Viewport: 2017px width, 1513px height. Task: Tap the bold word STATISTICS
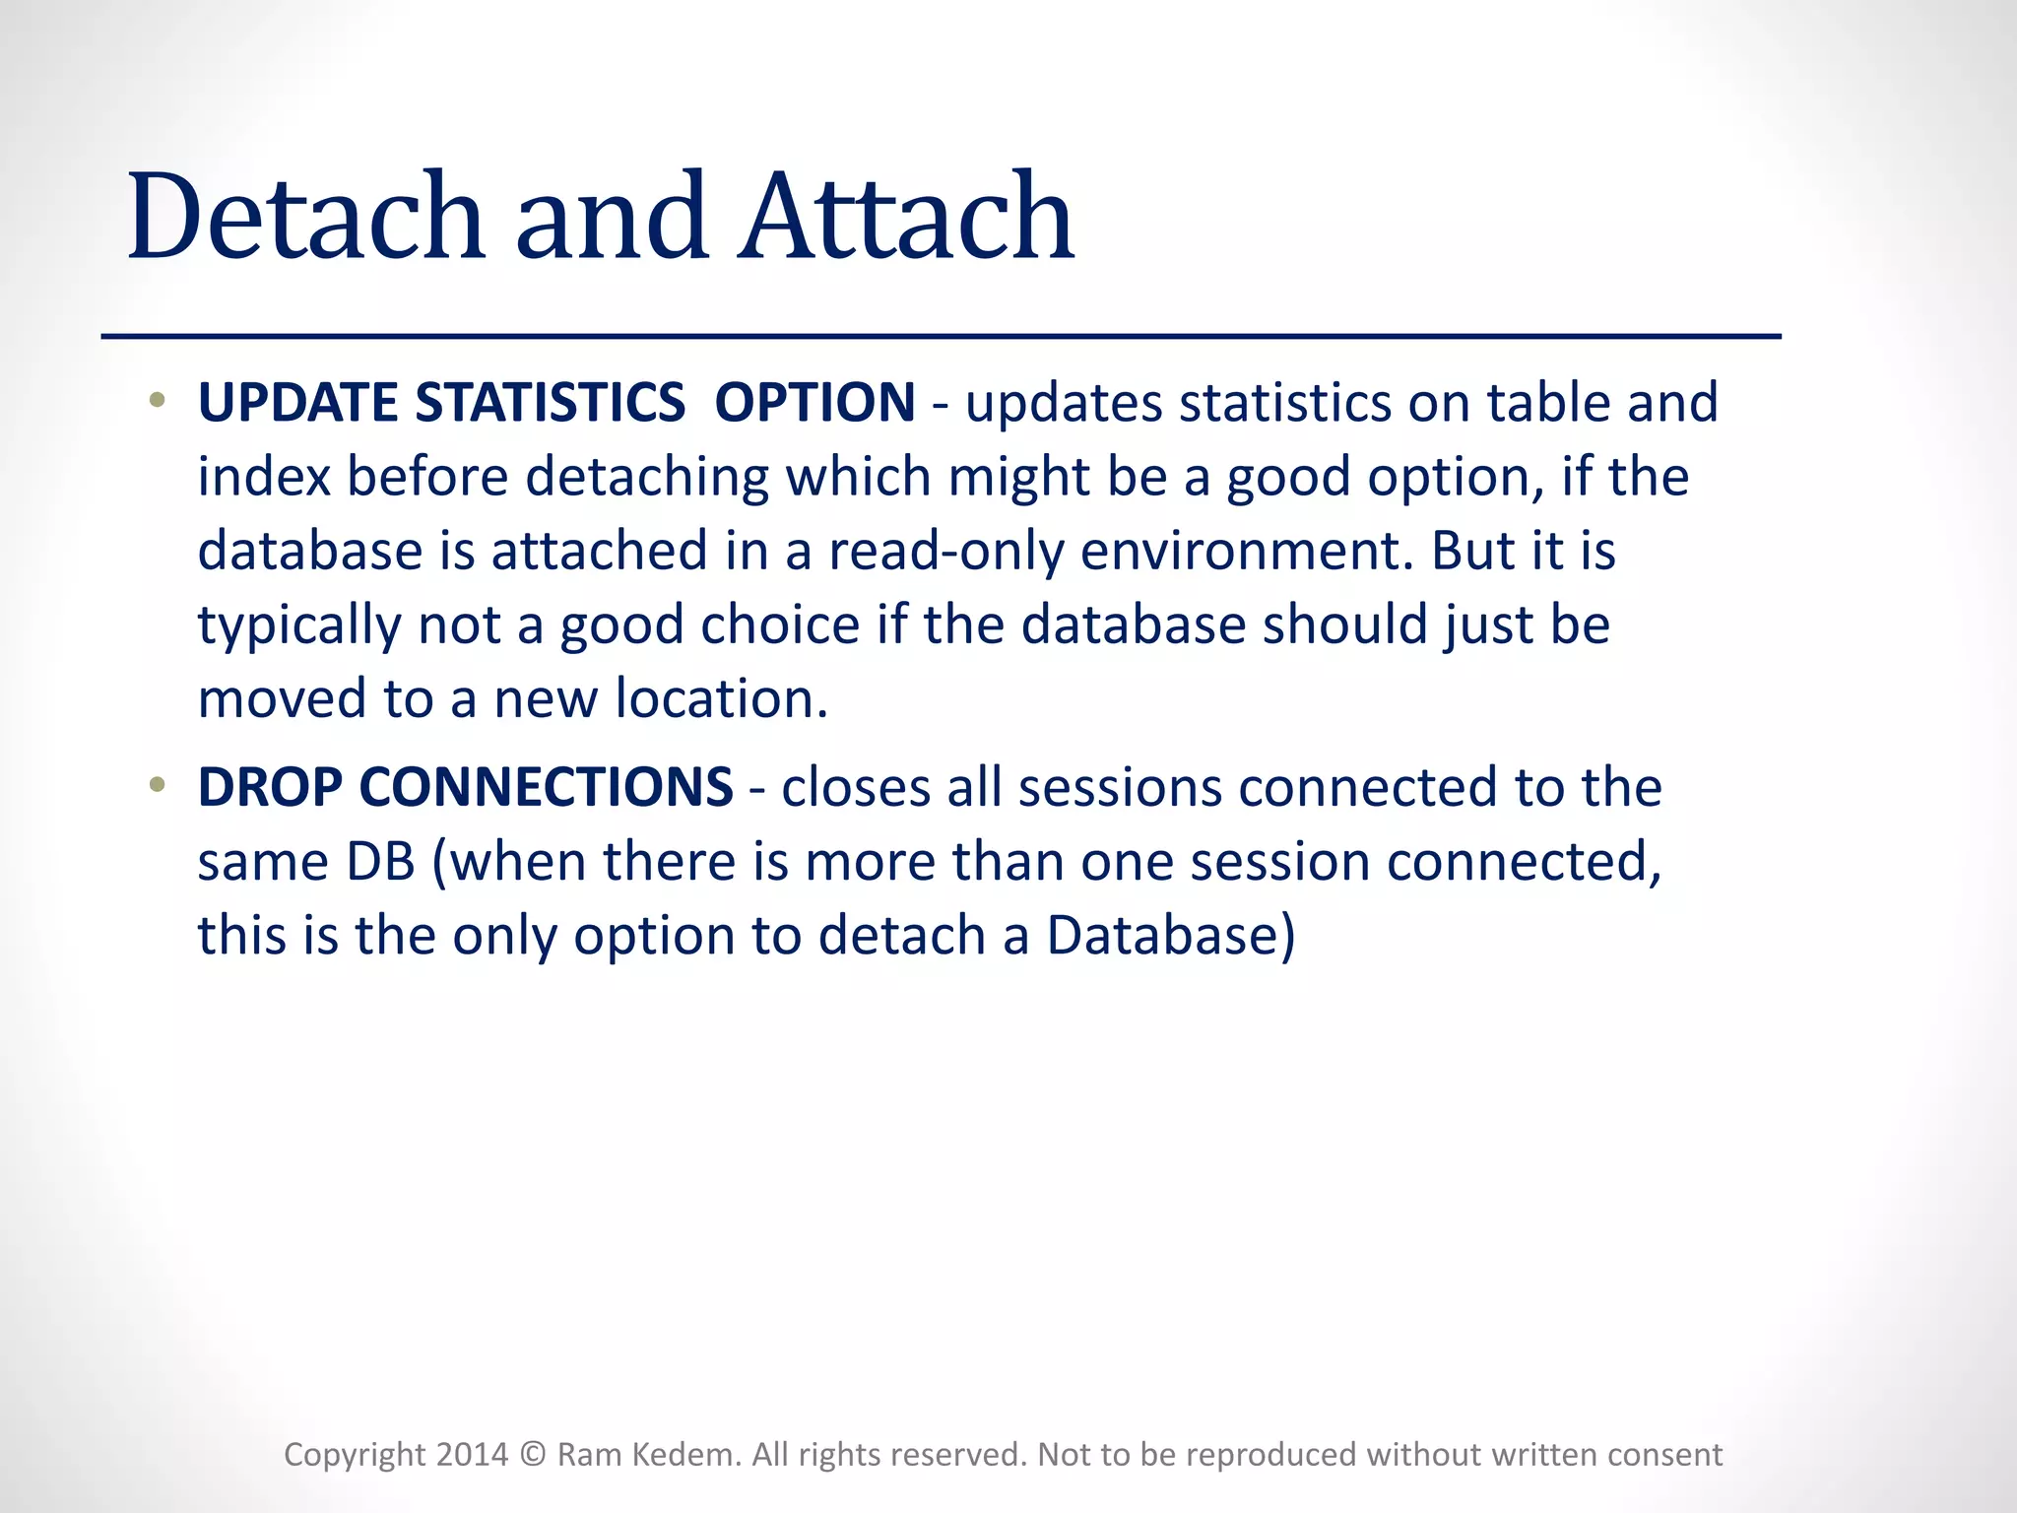coord(550,403)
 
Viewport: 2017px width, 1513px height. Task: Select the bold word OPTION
coord(814,403)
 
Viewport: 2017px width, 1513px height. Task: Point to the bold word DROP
coord(270,787)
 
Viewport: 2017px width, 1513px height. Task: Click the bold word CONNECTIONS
coord(546,787)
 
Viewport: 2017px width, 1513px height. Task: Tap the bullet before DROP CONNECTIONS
coord(156,785)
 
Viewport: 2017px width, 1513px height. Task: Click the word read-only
coord(945,551)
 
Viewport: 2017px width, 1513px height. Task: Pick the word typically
coord(298,626)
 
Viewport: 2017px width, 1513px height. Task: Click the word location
coord(721,698)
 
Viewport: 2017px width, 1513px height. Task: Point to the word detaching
coord(646,477)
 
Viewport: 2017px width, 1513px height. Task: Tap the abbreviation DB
coord(380,861)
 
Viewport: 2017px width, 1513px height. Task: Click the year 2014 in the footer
coord(472,1455)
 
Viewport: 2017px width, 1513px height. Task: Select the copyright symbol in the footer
coord(532,1455)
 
